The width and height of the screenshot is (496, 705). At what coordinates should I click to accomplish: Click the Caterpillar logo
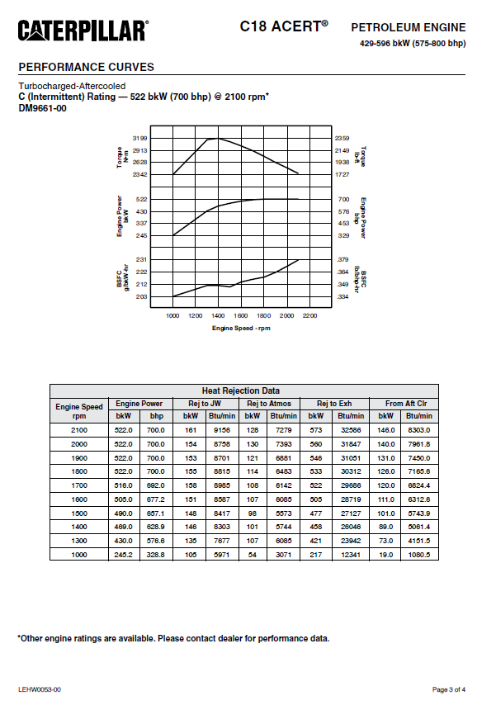[83, 31]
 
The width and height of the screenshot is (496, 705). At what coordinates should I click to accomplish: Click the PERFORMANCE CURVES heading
[86, 67]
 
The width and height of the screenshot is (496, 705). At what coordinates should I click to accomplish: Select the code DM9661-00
[42, 108]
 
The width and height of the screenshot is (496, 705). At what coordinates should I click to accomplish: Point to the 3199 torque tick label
[139, 138]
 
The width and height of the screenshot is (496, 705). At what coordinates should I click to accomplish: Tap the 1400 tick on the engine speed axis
[218, 315]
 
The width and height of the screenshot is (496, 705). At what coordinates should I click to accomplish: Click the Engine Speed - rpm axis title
[241, 328]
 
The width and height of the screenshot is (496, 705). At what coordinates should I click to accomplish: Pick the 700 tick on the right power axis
[344, 200]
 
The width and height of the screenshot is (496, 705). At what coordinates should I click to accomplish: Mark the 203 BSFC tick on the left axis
[141, 296]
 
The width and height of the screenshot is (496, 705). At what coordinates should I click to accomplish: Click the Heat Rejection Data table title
[240, 390]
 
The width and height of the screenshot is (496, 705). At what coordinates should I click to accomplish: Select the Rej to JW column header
[205, 403]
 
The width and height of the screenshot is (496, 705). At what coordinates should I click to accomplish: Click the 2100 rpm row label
[79, 431]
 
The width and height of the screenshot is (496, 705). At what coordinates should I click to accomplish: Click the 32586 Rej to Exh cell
[351, 431]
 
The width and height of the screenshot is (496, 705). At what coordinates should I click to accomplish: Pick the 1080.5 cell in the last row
[420, 555]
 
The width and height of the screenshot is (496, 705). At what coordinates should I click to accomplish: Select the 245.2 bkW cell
[123, 555]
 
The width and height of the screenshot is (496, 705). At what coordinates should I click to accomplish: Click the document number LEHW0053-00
[40, 688]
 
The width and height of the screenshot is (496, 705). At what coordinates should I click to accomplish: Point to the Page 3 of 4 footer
[449, 688]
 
